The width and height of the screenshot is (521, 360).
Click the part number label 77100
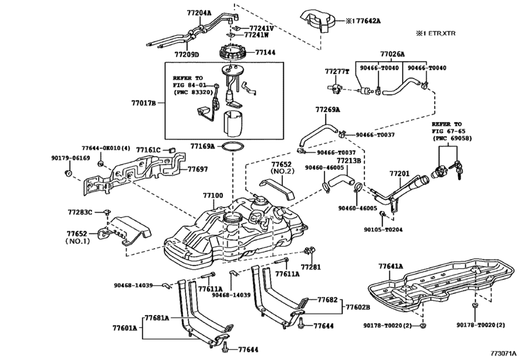pyautogui.click(x=213, y=195)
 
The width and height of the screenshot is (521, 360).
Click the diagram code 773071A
pyautogui.click(x=502, y=354)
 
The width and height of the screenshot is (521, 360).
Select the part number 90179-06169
pyautogui.click(x=69, y=157)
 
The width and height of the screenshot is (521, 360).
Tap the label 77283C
pyautogui.click(x=80, y=211)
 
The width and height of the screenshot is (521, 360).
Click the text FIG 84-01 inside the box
pyautogui.click(x=190, y=84)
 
